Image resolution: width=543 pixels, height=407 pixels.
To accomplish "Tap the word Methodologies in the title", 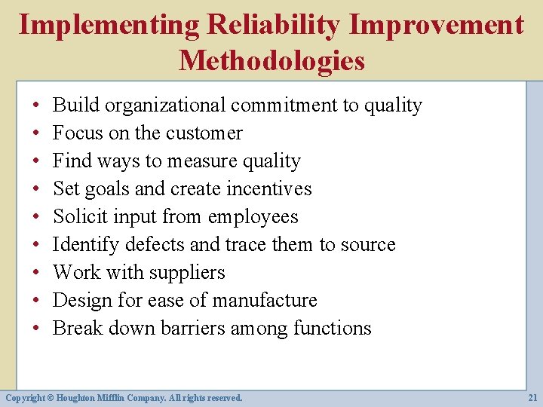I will [x=271, y=60].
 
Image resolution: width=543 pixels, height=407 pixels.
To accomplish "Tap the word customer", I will [x=204, y=133].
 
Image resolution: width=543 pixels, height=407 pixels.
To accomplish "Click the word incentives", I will [x=265, y=189].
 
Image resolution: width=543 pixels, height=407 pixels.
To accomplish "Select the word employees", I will [x=253, y=217].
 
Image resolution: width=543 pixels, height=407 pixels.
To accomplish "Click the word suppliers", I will [x=192, y=273].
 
